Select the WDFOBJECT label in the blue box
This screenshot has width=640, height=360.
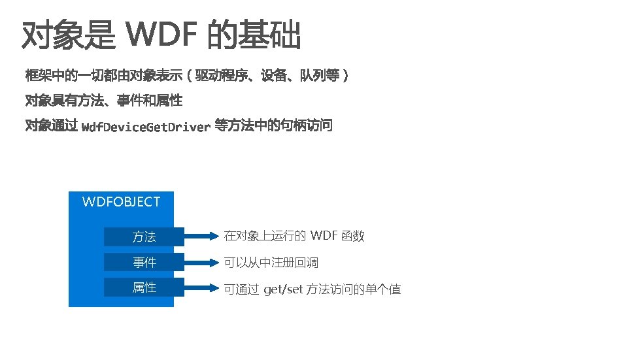[x=121, y=202]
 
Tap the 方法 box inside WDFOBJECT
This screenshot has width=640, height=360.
[x=144, y=237]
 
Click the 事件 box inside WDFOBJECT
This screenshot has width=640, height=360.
[x=144, y=263]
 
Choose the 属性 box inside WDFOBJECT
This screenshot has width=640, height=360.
[x=144, y=287]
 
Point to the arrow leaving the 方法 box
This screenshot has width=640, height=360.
[x=202, y=236]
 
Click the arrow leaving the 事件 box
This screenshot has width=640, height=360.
[x=202, y=263]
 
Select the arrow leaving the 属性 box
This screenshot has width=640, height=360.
[x=202, y=287]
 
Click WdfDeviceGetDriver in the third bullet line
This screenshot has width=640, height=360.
[x=146, y=127]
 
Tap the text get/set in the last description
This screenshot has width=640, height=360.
[x=283, y=289]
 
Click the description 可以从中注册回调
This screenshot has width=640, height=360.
[x=271, y=263]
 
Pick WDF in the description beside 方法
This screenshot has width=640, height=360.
[x=324, y=236]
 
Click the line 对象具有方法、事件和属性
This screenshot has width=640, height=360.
[x=103, y=101]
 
